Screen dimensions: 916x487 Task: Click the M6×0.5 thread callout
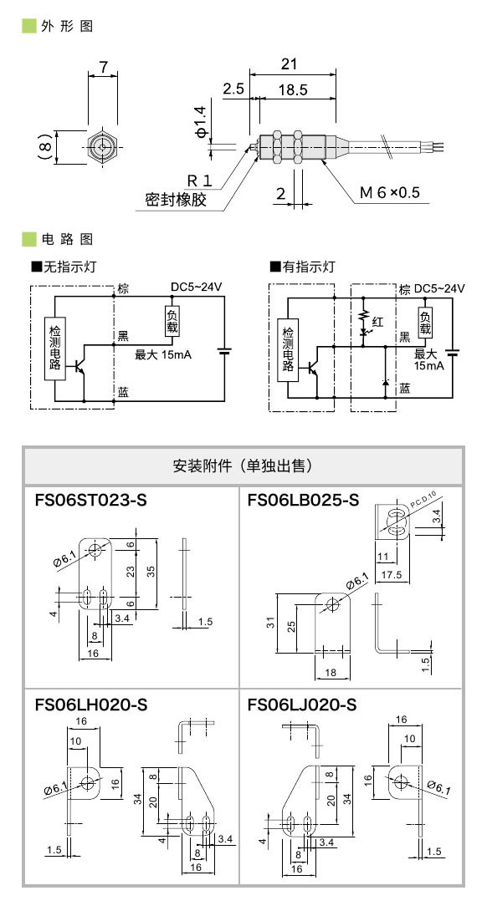[389, 193]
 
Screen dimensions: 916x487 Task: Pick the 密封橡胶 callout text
[175, 201]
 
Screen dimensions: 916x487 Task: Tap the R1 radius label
[199, 180]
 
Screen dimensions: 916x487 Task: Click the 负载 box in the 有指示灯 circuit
[426, 322]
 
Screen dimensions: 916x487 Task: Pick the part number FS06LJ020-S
[302, 705]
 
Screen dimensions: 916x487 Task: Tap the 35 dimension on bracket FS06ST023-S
[151, 570]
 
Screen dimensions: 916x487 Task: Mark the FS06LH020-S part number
[91, 705]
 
